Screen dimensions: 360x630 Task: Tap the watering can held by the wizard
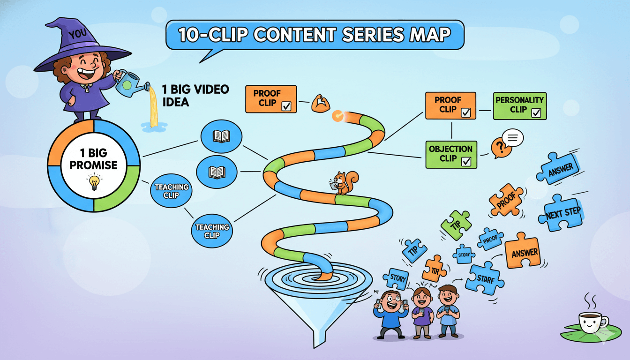[x=129, y=83]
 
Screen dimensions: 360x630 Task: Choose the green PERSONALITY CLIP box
[x=519, y=105]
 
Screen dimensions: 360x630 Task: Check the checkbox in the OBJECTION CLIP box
[x=466, y=162]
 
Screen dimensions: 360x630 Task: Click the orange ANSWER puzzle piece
[x=525, y=252]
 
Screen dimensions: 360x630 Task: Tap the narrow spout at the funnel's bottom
[x=319, y=339]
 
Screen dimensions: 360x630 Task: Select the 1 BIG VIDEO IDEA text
[x=194, y=95]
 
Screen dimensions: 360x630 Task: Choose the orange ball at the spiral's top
[x=337, y=115]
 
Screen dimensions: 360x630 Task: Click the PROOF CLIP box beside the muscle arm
[x=271, y=99]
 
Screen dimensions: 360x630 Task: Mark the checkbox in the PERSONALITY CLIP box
[x=537, y=112]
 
